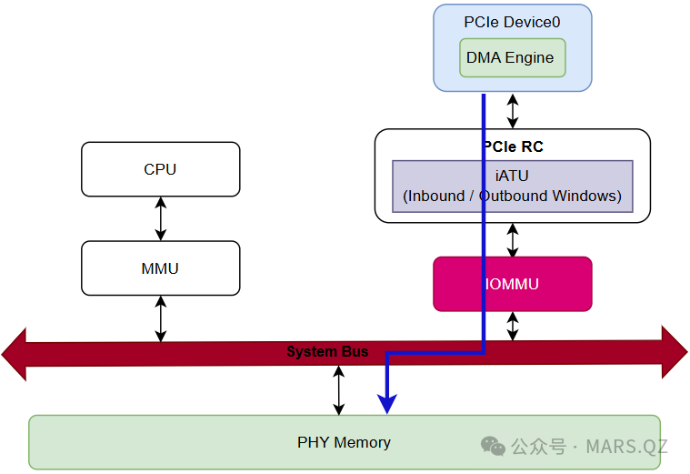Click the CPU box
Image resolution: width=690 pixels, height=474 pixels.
pyautogui.click(x=160, y=169)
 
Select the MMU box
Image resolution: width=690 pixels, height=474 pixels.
pyautogui.click(x=160, y=268)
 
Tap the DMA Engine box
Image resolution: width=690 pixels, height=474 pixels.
pyautogui.click(x=510, y=57)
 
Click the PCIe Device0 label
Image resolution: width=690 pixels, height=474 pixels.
pyautogui.click(x=512, y=21)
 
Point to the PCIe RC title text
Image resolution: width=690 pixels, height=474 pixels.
pyautogui.click(x=513, y=146)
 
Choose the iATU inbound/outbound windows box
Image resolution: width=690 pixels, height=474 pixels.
pyautogui.click(x=512, y=187)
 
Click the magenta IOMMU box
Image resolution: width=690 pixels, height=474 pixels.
pyautogui.click(x=512, y=284)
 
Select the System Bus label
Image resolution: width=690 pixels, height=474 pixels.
pyautogui.click(x=327, y=351)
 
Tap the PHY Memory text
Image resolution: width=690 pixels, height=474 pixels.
pyautogui.click(x=344, y=443)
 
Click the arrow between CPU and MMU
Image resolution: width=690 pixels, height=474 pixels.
pyautogui.click(x=161, y=218)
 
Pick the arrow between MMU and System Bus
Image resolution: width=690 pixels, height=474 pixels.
pyautogui.click(x=161, y=318)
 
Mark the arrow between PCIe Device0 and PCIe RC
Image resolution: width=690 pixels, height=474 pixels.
pyautogui.click(x=513, y=110)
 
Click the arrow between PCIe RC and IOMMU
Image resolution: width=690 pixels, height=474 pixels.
pyautogui.click(x=513, y=240)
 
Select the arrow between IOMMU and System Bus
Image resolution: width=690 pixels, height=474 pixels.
pyautogui.click(x=513, y=326)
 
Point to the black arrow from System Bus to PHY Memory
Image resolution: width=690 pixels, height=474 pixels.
pyautogui.click(x=339, y=390)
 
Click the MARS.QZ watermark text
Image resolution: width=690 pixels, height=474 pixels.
pyautogui.click(x=626, y=447)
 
